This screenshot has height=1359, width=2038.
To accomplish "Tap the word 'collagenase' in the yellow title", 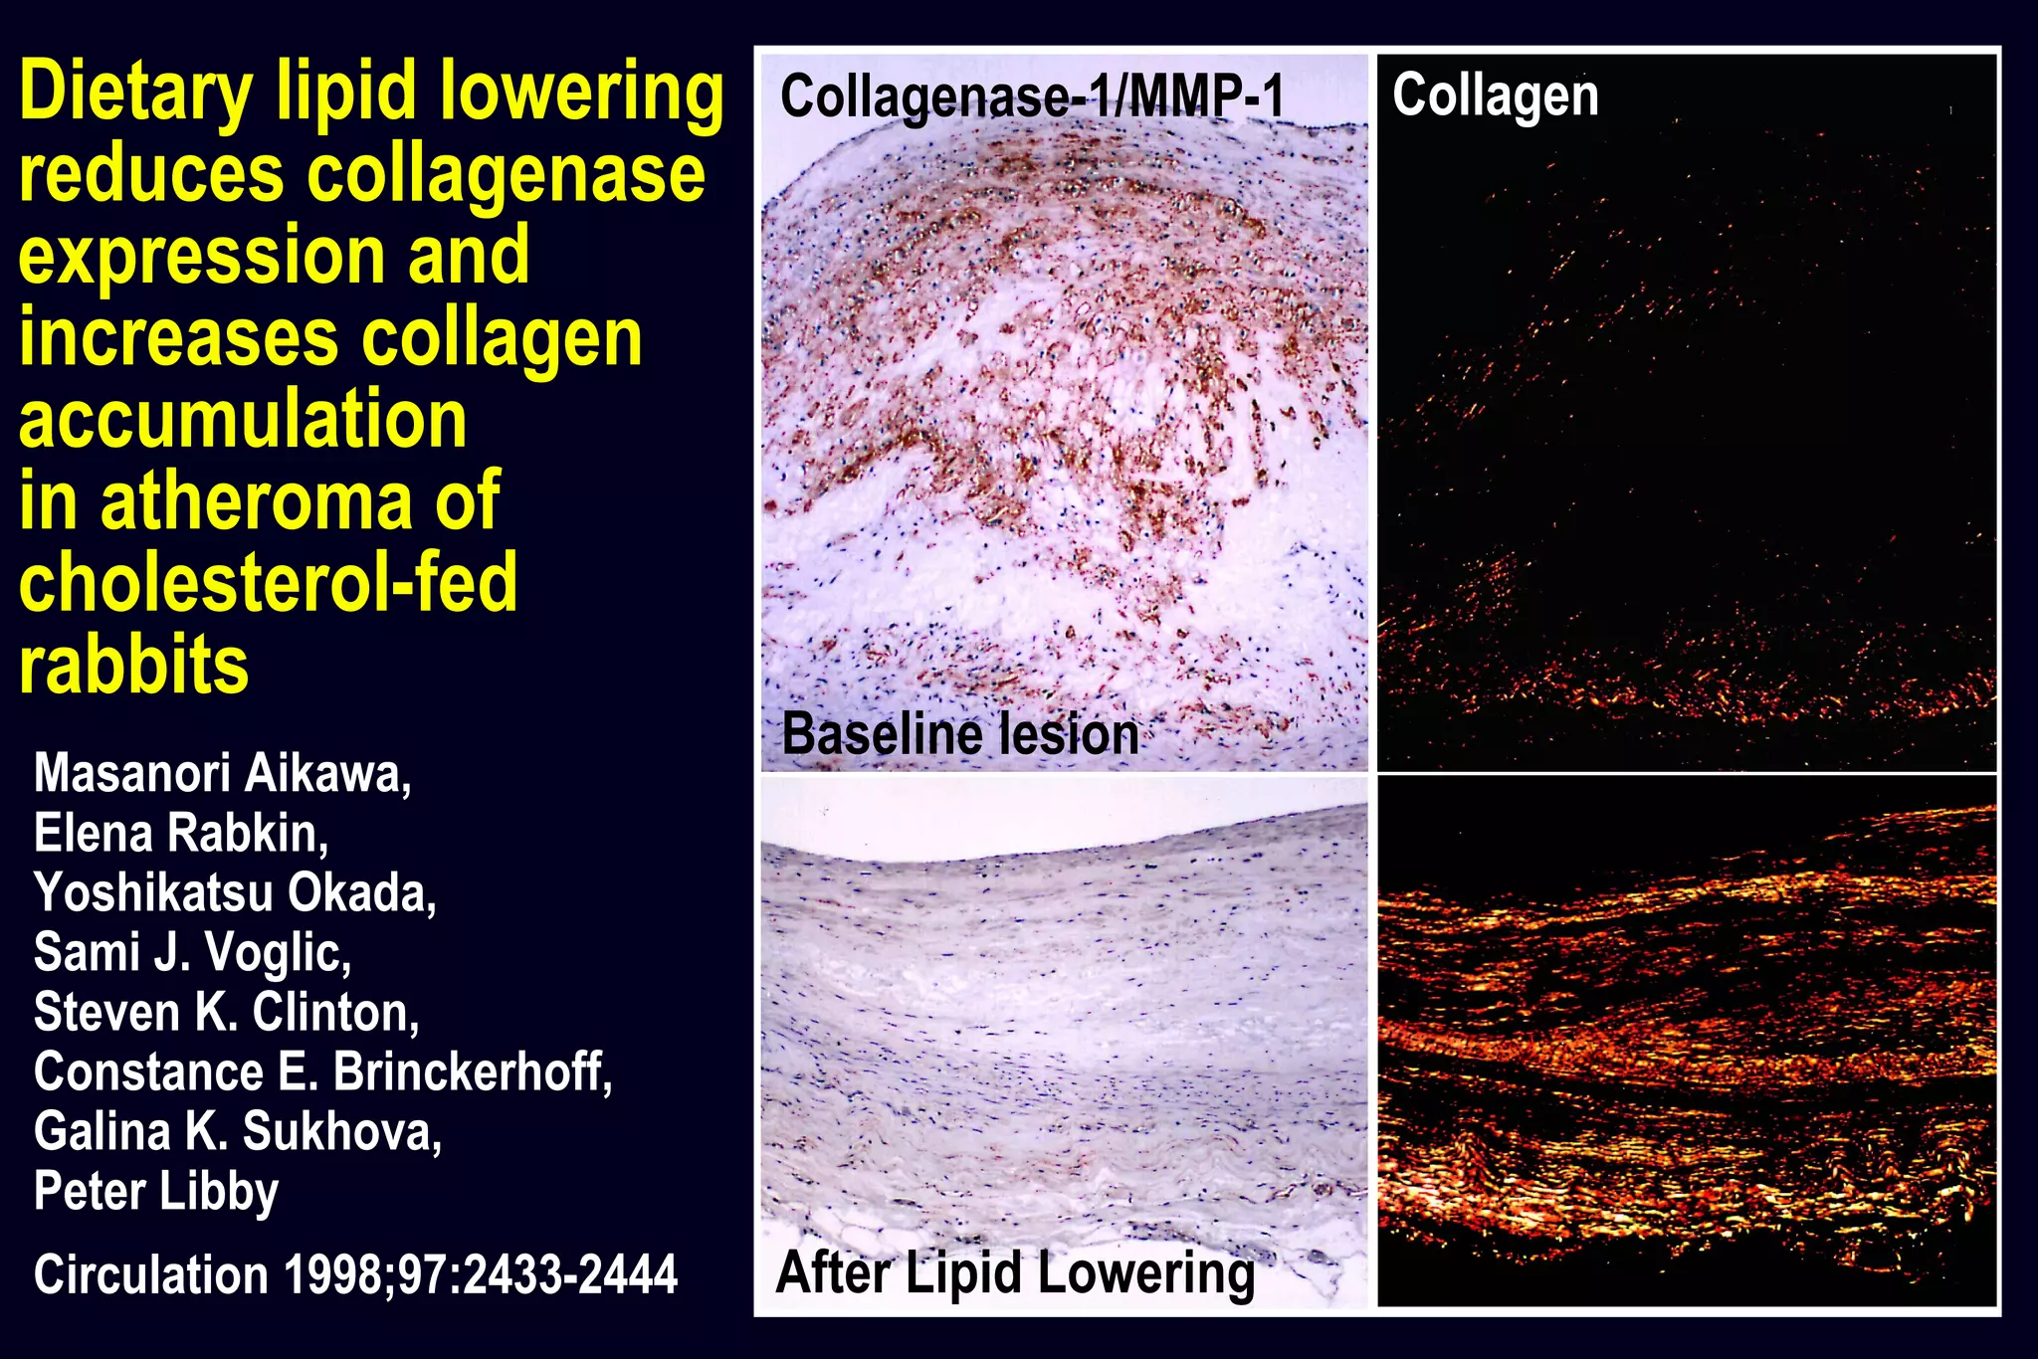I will tap(506, 175).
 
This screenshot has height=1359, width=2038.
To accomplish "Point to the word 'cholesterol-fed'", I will tap(268, 583).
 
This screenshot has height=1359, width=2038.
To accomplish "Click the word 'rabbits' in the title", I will tap(133, 666).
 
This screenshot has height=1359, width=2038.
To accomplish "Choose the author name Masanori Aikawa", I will tap(222, 774).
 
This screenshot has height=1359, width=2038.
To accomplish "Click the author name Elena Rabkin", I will tap(180, 834).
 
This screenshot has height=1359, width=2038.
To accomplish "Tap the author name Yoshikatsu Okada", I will tap(235, 892).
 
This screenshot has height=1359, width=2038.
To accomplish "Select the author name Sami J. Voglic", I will tap(192, 952).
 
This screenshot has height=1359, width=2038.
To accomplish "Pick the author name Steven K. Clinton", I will tap(226, 1012).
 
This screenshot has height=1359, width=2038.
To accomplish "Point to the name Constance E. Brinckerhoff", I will tap(322, 1071).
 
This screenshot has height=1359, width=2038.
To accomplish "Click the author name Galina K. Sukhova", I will tap(238, 1131).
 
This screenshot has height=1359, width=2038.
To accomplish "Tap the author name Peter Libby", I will tap(156, 1192).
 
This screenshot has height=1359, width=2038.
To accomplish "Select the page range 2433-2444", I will tap(571, 1275).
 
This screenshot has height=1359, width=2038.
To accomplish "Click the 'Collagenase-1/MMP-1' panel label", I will tap(1032, 97).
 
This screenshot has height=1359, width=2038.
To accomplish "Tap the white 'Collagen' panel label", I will tap(1495, 96).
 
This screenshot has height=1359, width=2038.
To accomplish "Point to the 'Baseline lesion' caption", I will tap(960, 735).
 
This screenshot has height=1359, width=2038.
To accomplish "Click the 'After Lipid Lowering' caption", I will tap(1015, 1273).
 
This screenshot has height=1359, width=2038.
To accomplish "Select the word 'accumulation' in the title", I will tap(243, 419).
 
